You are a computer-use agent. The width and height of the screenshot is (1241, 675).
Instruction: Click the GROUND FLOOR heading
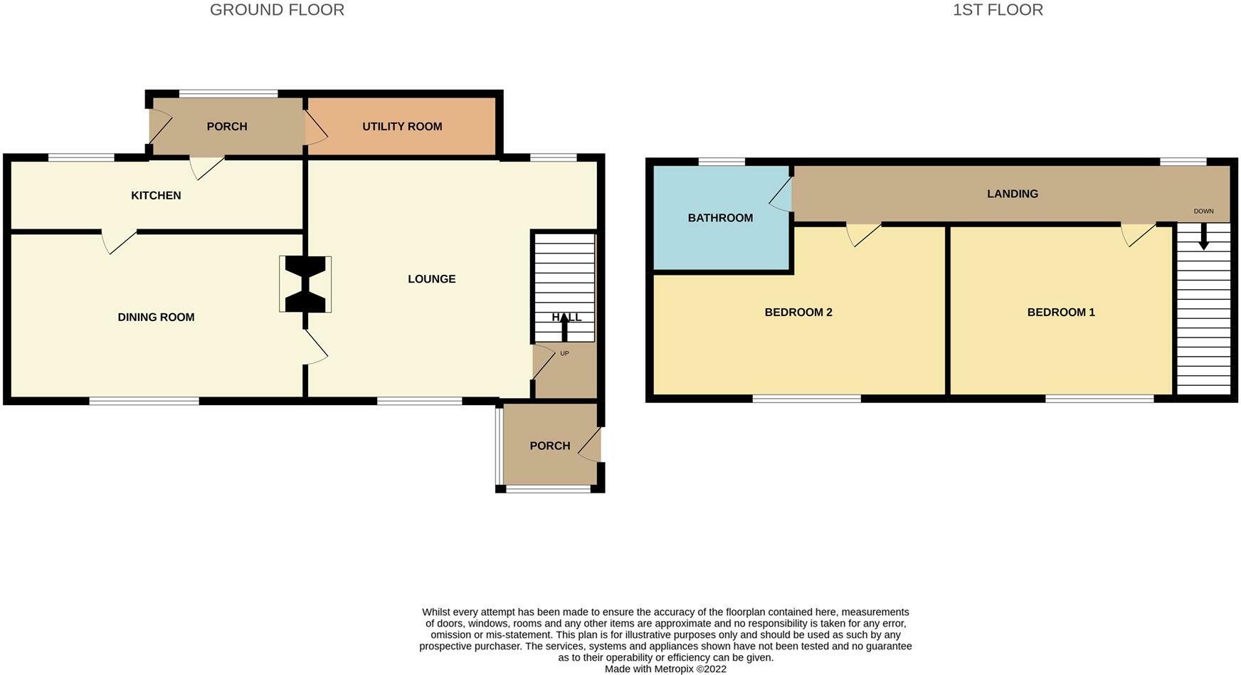(277, 10)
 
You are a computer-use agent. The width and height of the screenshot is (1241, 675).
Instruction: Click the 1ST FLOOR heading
(998, 10)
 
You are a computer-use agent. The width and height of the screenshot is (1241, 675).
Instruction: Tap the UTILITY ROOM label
(402, 127)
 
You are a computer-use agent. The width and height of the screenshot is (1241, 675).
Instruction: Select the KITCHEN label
(156, 196)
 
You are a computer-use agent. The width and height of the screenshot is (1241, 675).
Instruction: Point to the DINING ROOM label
(156, 318)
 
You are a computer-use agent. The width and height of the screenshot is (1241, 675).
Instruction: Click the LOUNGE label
(431, 279)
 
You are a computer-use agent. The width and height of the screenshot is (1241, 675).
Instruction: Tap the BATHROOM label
(720, 218)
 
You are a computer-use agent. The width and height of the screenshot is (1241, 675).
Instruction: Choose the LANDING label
(1012, 194)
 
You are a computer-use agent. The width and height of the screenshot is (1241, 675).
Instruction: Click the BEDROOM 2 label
(798, 313)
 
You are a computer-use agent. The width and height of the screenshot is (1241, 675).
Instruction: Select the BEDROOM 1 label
(1060, 313)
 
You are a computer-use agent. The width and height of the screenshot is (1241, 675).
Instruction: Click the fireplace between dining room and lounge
(305, 284)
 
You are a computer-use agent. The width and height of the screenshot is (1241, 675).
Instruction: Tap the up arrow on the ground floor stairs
(565, 328)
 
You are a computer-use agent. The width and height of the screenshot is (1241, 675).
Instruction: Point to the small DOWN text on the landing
(1203, 211)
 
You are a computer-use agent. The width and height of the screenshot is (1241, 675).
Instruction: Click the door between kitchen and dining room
(119, 241)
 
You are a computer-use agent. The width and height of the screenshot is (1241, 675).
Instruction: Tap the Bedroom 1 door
(1137, 234)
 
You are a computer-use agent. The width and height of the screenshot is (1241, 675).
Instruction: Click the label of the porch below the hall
(549, 446)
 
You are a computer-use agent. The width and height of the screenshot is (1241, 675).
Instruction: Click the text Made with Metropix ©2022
(665, 669)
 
